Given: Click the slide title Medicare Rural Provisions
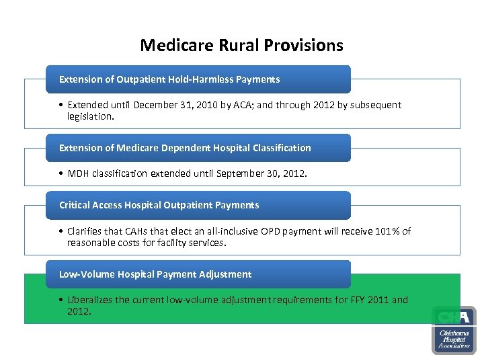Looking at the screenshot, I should click(x=241, y=45).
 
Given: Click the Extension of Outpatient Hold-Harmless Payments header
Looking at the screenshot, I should click(x=169, y=79).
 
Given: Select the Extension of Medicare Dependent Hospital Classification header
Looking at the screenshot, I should click(x=185, y=148).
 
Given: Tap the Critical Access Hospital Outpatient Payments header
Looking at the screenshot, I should click(x=159, y=205).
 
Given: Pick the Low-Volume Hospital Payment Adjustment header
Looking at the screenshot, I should click(x=155, y=274).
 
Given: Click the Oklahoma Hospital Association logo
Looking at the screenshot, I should click(x=453, y=330).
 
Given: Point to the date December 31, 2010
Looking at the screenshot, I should click(x=173, y=105).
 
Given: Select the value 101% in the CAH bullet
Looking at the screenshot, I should click(x=383, y=231).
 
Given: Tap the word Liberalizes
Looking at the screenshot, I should click(x=90, y=300).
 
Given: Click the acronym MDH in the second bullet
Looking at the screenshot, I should click(x=78, y=173).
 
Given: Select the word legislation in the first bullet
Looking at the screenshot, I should click(x=91, y=116).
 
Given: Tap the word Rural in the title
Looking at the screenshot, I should click(x=235, y=45).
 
